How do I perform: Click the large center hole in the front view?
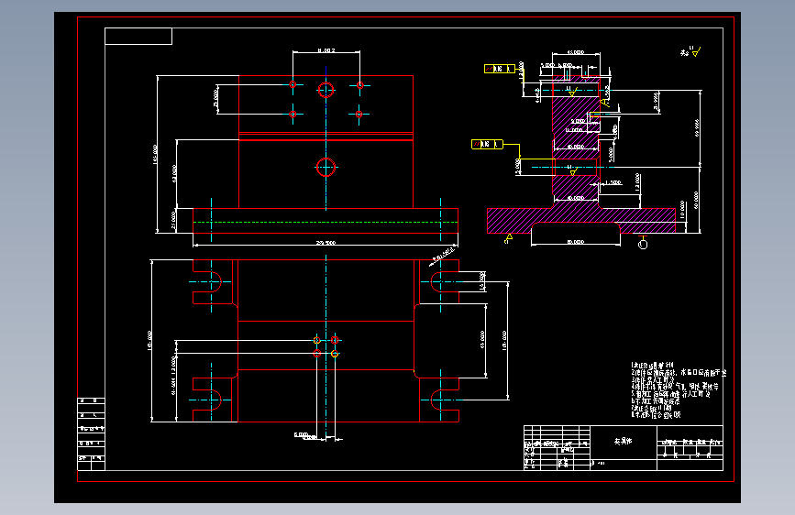pyautogui.click(x=326, y=167)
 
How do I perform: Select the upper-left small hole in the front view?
pyautogui.click(x=293, y=84)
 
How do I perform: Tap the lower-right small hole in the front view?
pyautogui.click(x=359, y=114)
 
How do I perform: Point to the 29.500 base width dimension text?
pyautogui.click(x=326, y=243)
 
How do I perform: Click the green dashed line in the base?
pyautogui.click(x=326, y=222)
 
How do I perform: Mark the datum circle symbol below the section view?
pyautogui.click(x=642, y=244)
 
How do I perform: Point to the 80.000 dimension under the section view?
pyautogui.click(x=575, y=242)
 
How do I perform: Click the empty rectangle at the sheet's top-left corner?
pyautogui.click(x=138, y=36)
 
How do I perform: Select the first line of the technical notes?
pyautogui.click(x=658, y=365)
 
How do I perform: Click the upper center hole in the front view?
pyautogui.click(x=326, y=89)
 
